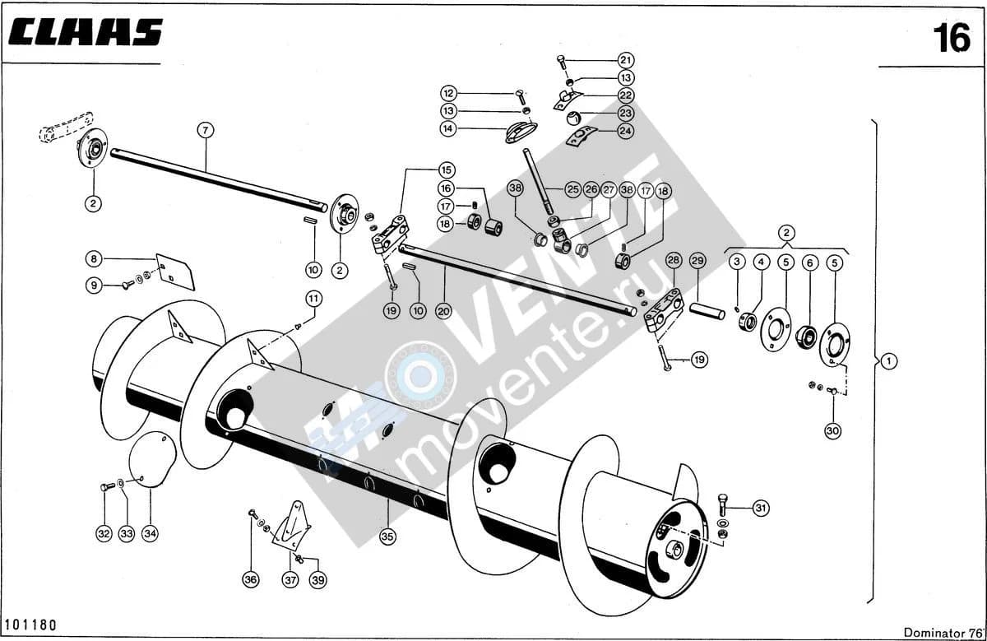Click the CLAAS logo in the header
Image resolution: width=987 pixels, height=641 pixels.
pyautogui.click(x=86, y=32)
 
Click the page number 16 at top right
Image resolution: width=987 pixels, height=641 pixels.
pyautogui.click(x=952, y=38)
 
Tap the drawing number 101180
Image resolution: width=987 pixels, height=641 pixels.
pyautogui.click(x=30, y=625)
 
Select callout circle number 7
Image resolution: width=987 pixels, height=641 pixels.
pyautogui.click(x=206, y=131)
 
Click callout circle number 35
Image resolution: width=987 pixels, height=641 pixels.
pyautogui.click(x=387, y=536)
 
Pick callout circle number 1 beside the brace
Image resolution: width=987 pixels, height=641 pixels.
pyautogui.click(x=889, y=361)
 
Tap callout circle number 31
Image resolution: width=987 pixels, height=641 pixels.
pyautogui.click(x=761, y=509)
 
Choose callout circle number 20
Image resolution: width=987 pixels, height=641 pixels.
pyautogui.click(x=443, y=311)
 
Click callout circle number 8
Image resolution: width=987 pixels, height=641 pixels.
pyautogui.click(x=94, y=258)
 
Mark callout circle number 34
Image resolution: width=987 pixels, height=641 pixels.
pyautogui.click(x=150, y=534)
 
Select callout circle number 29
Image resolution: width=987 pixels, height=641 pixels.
pyautogui.click(x=697, y=261)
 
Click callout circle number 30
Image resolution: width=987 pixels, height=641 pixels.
pyautogui.click(x=832, y=430)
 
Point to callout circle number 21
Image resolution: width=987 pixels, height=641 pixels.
pyautogui.click(x=626, y=60)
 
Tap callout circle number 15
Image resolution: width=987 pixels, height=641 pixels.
pyautogui.click(x=447, y=170)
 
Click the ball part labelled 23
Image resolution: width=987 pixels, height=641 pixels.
pyautogui.click(x=573, y=118)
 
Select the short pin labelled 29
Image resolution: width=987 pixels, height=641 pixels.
pyautogui.click(x=707, y=310)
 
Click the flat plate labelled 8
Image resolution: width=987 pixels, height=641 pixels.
pyautogui.click(x=175, y=272)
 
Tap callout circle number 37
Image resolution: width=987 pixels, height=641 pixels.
pyautogui.click(x=290, y=580)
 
